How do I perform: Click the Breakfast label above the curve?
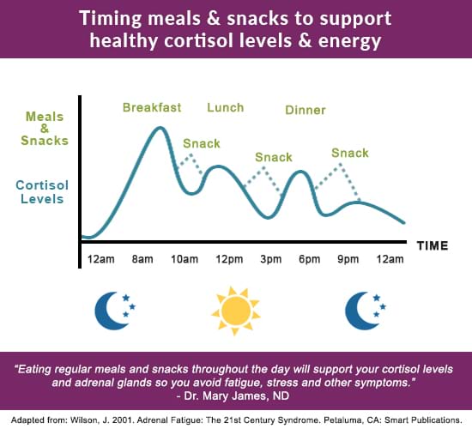152,107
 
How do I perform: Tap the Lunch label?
226,107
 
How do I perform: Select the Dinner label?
306,110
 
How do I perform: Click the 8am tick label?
142,259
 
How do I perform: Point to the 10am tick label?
185,259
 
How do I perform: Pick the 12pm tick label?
229,259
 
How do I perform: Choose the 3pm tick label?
271,259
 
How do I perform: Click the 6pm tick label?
310,259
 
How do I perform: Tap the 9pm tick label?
348,259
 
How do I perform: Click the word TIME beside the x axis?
433,245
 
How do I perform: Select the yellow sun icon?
236,311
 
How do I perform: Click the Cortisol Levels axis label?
42,192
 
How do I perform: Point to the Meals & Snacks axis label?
45,129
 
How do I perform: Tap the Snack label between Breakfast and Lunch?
202,143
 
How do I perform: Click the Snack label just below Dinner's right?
350,153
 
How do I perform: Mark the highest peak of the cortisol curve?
160,128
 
